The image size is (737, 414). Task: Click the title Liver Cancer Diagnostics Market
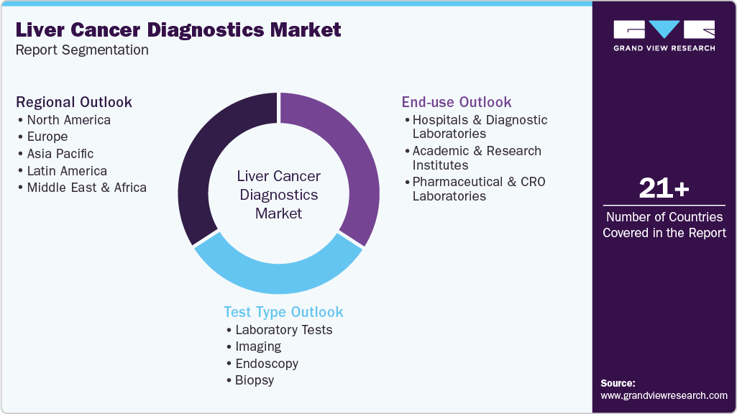coord(178,30)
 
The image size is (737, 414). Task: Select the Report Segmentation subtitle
coord(82,50)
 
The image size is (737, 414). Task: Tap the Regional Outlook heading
coord(74,102)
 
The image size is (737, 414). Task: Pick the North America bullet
coord(68,119)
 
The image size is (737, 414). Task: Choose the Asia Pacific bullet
coord(60,154)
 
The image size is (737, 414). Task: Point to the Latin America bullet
coord(67,171)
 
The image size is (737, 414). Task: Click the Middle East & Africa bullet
coord(86,188)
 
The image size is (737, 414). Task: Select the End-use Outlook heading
coord(457,102)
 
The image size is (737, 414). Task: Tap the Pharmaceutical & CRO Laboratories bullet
coord(478,189)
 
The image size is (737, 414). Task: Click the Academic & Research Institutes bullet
coord(477,158)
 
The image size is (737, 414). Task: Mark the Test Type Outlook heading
coord(283,312)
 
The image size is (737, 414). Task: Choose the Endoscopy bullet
coord(266,364)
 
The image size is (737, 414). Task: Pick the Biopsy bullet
coord(255,380)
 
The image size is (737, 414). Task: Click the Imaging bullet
coord(258,346)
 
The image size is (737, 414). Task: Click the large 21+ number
coord(664,189)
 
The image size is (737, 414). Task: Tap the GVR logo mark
coord(664,29)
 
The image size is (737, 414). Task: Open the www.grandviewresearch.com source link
coord(664,395)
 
